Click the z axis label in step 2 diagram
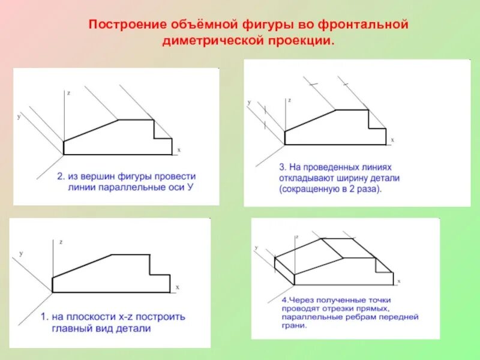point(70,93)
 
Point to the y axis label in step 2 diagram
point(19,116)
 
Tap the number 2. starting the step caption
point(61,177)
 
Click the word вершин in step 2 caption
point(103,177)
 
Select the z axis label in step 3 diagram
point(289,100)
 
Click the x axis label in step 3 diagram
point(392,139)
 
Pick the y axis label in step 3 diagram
point(248,103)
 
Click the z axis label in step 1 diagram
point(61,242)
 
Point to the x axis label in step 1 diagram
point(178,287)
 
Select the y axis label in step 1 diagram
point(20,254)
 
